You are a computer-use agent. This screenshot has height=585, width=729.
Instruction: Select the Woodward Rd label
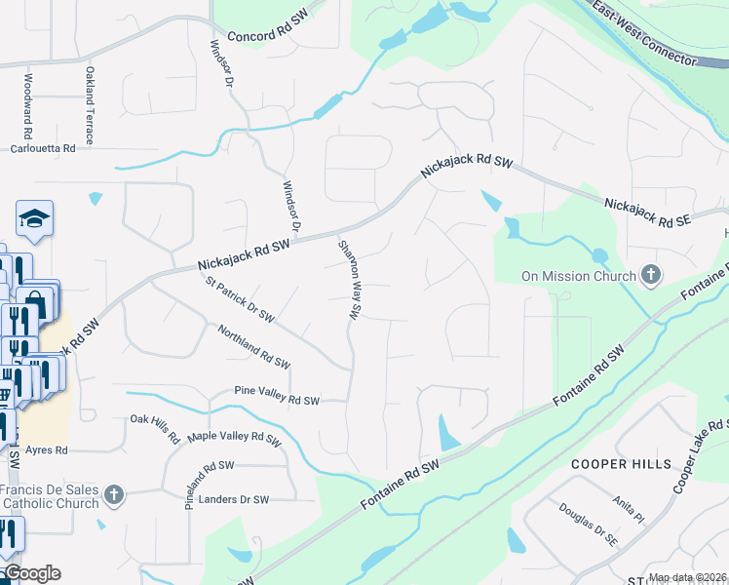tap(28, 106)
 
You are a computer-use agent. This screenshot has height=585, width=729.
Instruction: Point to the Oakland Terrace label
tap(89, 106)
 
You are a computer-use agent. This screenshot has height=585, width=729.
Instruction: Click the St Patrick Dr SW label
tap(240, 302)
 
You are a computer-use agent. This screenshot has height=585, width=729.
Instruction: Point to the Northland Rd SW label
tap(253, 347)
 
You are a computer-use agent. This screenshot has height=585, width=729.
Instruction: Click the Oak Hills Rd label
tap(156, 429)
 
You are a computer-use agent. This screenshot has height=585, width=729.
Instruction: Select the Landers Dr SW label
tap(233, 499)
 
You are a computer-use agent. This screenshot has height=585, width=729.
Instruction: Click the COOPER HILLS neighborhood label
tap(622, 463)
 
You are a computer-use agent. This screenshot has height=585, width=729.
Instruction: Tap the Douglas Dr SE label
tap(589, 523)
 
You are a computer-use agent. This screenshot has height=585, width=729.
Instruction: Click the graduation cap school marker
tap(35, 219)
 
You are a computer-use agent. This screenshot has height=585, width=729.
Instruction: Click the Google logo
tap(32, 573)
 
